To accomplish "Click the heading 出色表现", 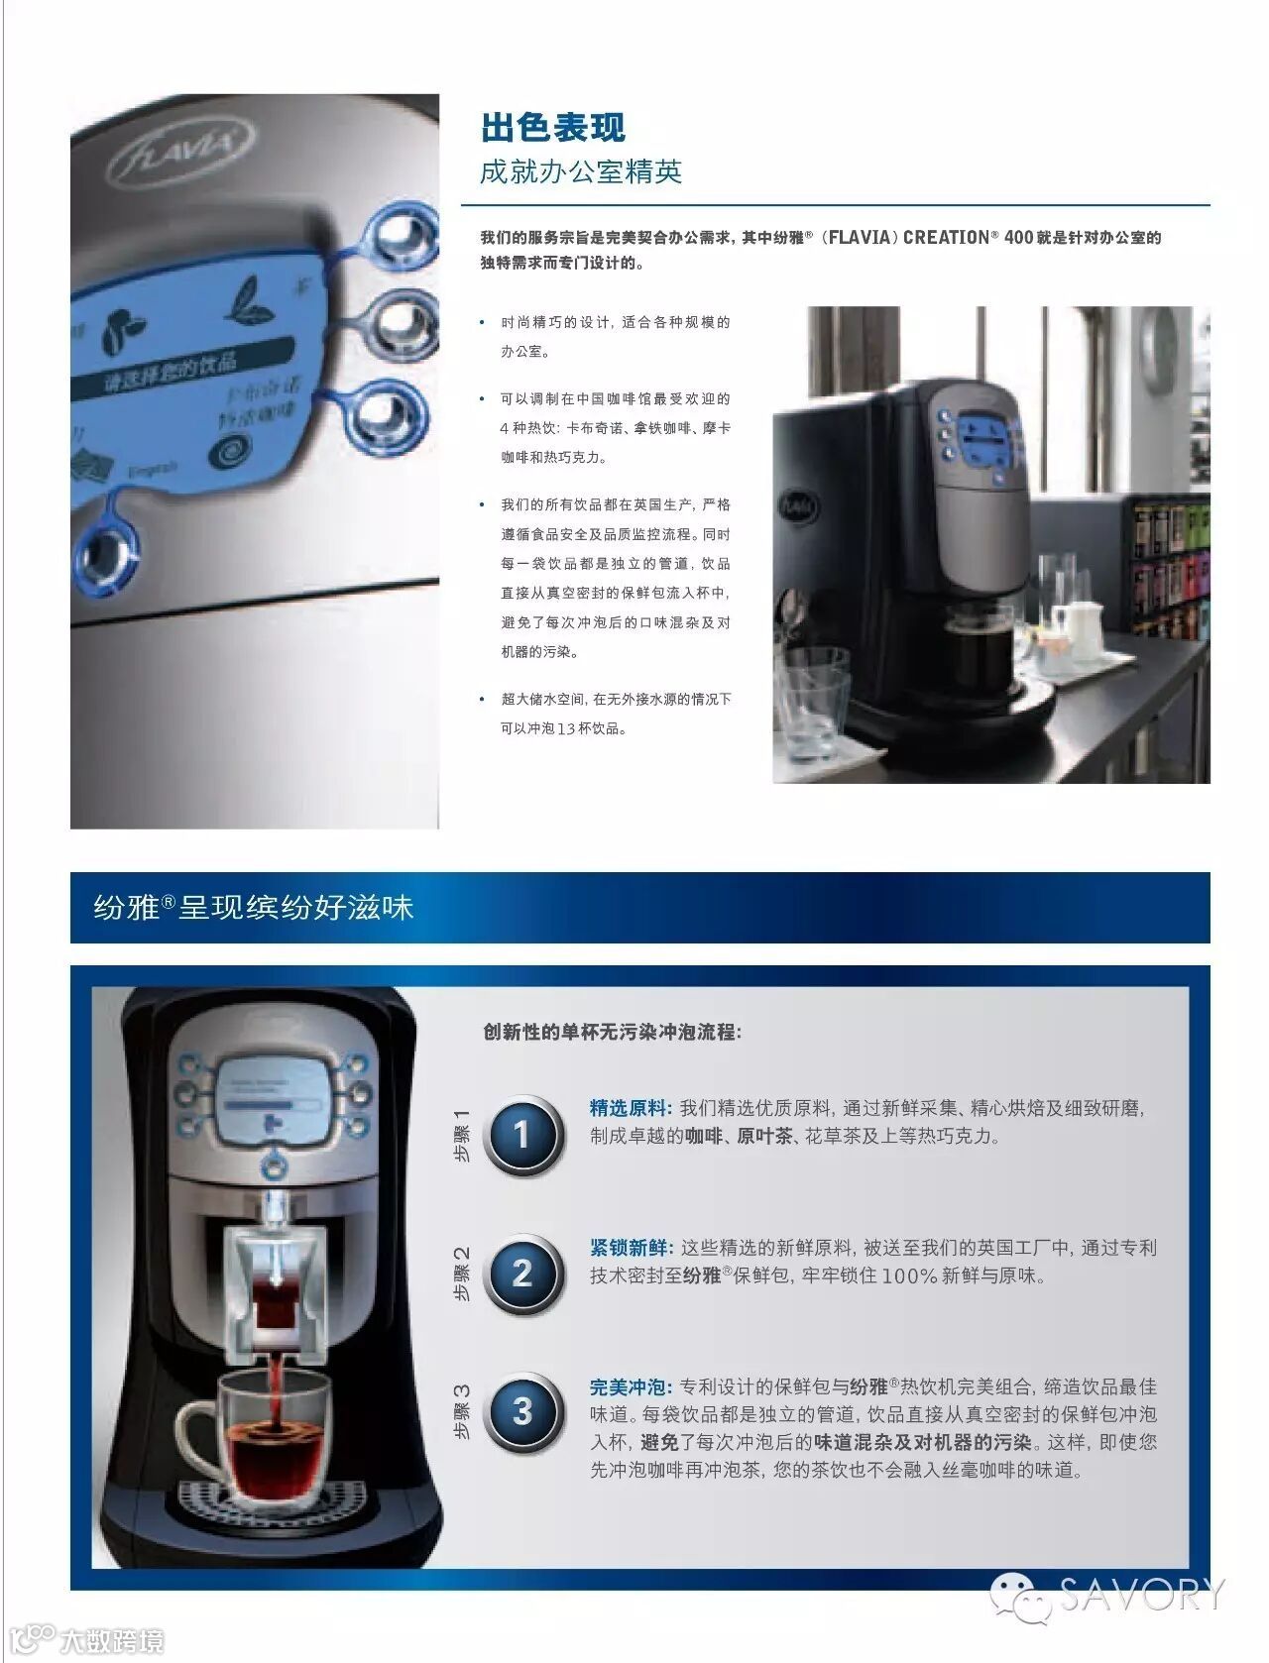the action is pos(553,127).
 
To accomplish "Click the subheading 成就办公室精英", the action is pos(581,172).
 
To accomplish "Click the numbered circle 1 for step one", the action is pos(522,1134).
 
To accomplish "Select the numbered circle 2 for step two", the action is pos(522,1274).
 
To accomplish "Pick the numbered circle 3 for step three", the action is pos(522,1411).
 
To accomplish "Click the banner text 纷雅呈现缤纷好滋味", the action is pos(253,907).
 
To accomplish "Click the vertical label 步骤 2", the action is pos(461,1274).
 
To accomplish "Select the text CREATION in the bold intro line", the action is pos(946,237).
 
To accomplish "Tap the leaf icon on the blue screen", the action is pos(244,300).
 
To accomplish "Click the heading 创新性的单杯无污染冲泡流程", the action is pos(612,1032).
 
